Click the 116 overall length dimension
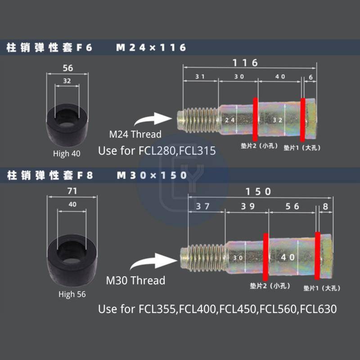[245, 63]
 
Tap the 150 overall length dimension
[258, 192]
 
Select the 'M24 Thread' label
[135, 134]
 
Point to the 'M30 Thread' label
[135, 280]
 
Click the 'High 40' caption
[67, 153]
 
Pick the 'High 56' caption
[72, 295]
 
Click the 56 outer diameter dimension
[68, 68]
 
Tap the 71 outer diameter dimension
[72, 191]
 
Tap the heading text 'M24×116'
[151, 48]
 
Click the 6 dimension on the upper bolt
[311, 77]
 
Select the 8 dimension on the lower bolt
[325, 207]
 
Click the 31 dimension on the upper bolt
[200, 77]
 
